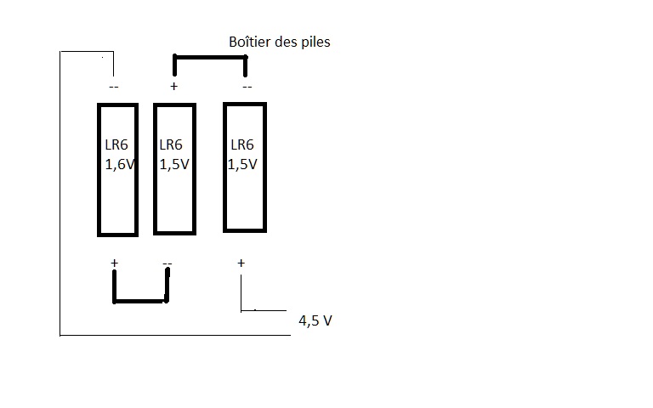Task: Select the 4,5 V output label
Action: pyautogui.click(x=315, y=321)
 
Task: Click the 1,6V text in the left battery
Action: pyautogui.click(x=119, y=166)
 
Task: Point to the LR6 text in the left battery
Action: pyautogui.click(x=116, y=144)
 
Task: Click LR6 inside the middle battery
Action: pyautogui.click(x=171, y=144)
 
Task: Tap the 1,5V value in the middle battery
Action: pyautogui.click(x=174, y=166)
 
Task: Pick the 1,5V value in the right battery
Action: pyautogui.click(x=242, y=165)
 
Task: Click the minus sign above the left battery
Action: pyautogui.click(x=113, y=87)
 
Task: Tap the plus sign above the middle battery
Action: pyautogui.click(x=174, y=86)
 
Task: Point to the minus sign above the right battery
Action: pyautogui.click(x=247, y=87)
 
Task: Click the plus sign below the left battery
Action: pyautogui.click(x=114, y=263)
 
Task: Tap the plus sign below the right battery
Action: pyautogui.click(x=241, y=263)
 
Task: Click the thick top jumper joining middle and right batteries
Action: pyautogui.click(x=210, y=57)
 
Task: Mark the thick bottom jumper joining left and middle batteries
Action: pyautogui.click(x=140, y=301)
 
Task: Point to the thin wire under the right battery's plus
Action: pyautogui.click(x=241, y=293)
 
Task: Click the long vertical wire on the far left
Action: pyautogui.click(x=60, y=195)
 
